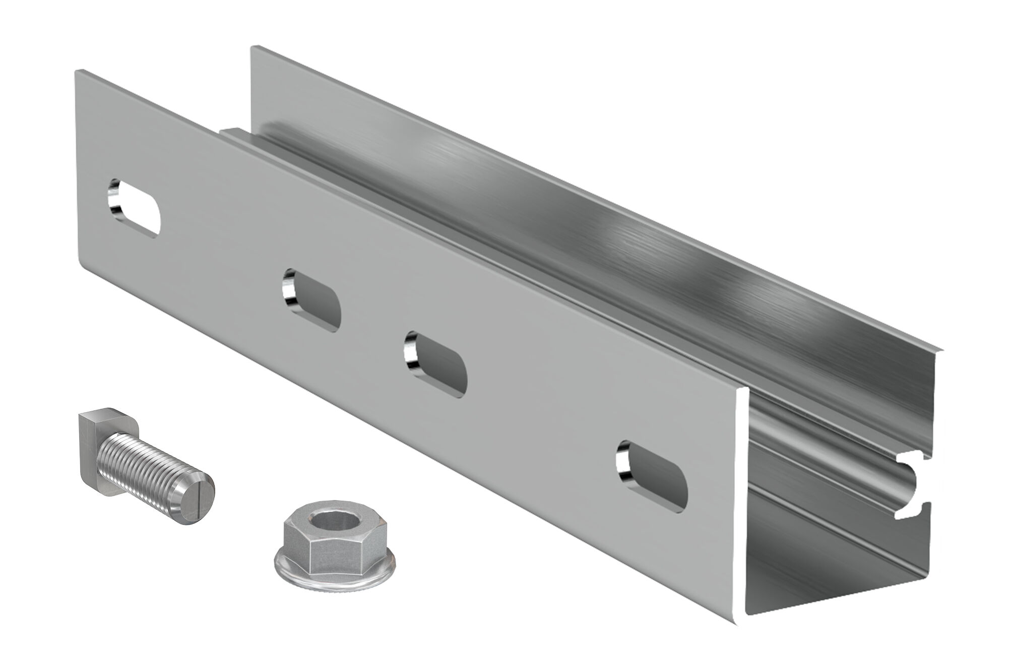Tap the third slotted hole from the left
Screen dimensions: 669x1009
tap(436, 364)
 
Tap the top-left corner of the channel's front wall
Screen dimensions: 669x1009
tap(77, 72)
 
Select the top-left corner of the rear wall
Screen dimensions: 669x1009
tap(253, 47)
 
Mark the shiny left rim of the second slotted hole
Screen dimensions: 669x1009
tap(288, 290)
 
